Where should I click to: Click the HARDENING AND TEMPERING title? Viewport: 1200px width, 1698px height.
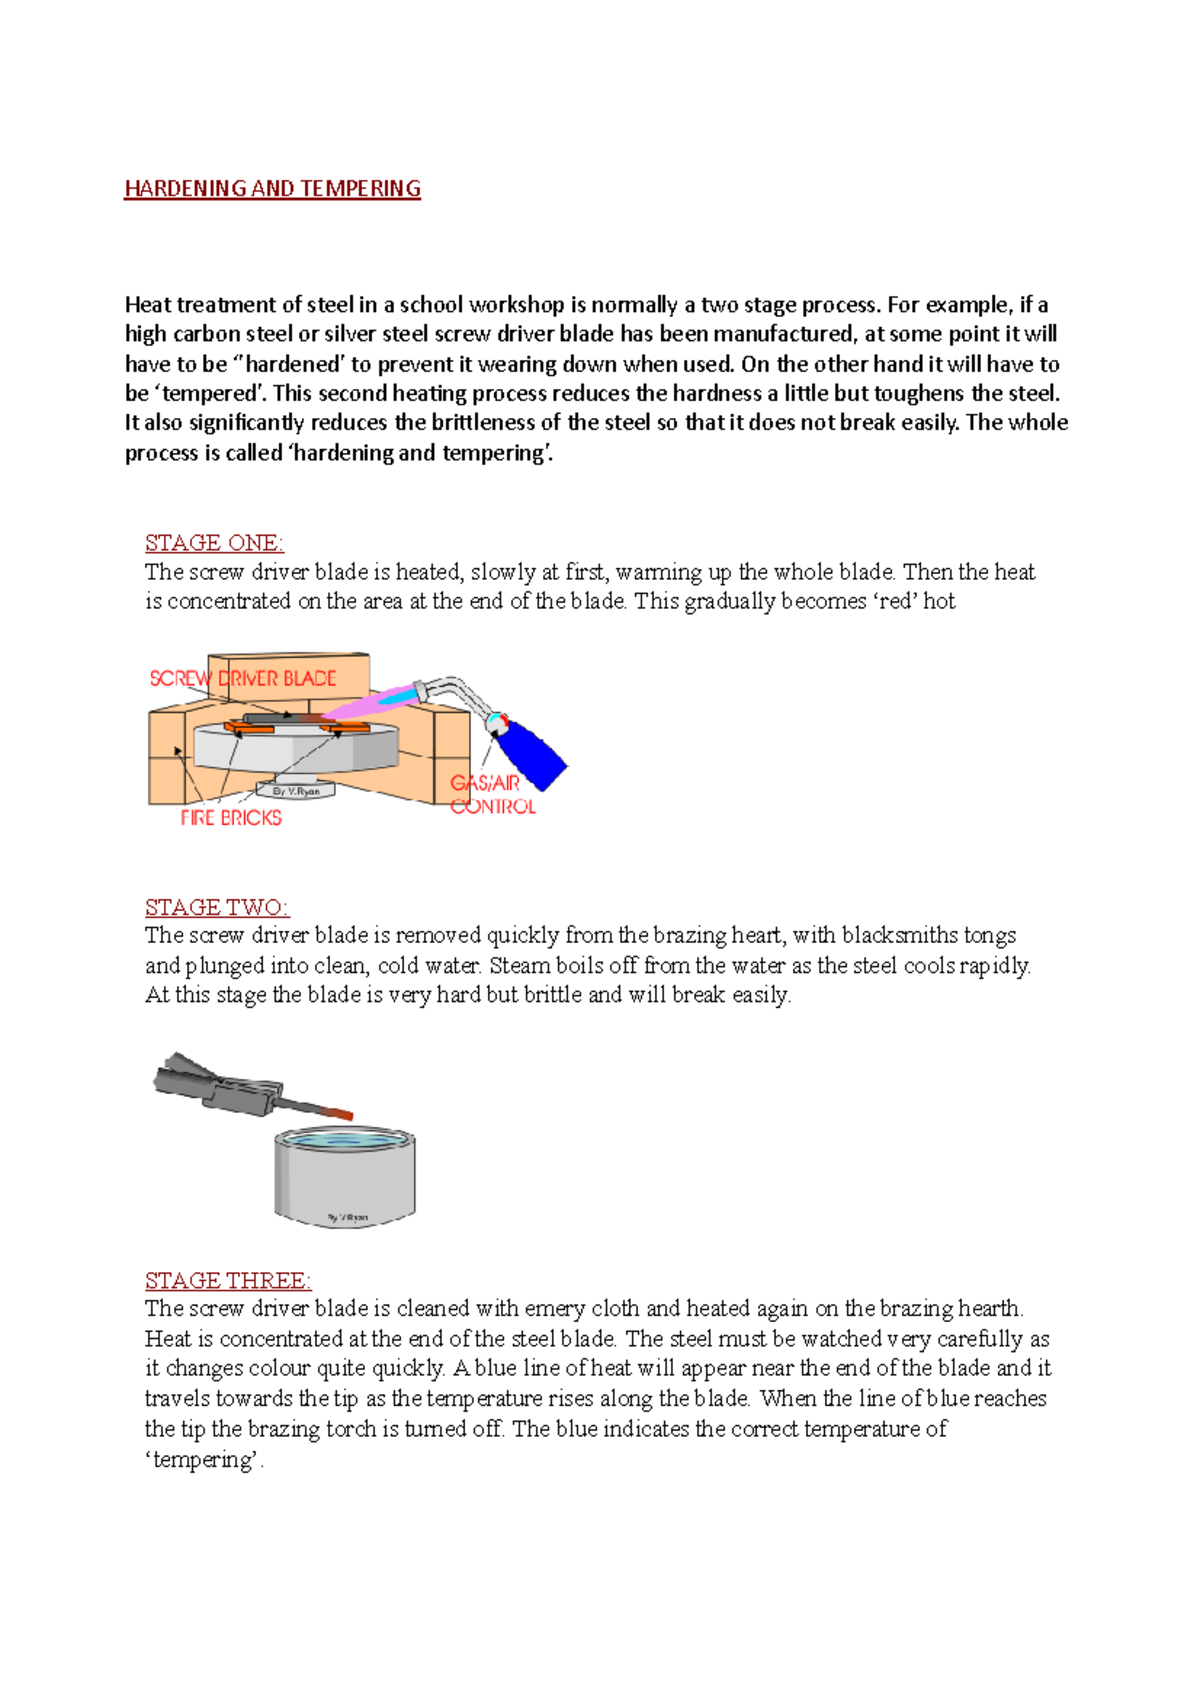272,189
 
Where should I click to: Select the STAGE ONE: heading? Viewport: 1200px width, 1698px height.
214,543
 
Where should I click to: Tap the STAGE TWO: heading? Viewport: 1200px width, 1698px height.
217,907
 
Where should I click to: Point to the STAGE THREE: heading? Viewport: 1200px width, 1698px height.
228,1281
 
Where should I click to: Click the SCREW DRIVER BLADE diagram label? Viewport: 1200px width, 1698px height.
243,678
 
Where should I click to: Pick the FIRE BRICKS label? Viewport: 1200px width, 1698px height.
231,818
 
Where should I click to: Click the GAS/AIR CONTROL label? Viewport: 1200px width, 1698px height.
491,795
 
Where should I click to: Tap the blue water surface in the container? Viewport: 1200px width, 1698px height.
345,1139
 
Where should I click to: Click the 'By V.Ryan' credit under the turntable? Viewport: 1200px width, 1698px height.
296,791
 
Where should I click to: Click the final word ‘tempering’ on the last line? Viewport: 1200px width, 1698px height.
204,1460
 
